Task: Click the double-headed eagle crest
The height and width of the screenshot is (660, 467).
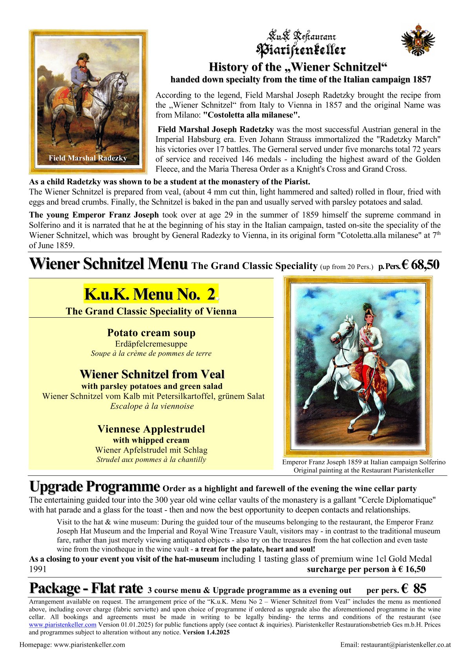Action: point(418,40)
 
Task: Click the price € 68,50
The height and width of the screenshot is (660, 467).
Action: point(420,265)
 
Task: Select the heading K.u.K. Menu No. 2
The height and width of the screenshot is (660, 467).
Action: point(150,294)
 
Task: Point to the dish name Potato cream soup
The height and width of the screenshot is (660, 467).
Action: point(151,333)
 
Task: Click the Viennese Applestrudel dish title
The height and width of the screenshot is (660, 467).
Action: point(151,429)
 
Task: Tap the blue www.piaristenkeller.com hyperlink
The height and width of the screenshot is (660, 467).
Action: point(62,625)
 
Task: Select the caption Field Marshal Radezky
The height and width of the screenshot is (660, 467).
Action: point(88,158)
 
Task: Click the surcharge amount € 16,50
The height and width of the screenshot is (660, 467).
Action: point(412,569)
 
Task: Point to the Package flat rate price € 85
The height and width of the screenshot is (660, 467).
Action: point(414,589)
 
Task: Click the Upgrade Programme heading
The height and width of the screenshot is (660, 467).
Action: point(95,487)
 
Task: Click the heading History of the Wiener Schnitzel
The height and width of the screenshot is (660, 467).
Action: point(298,67)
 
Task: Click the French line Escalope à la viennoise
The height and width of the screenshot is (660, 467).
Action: point(151,406)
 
